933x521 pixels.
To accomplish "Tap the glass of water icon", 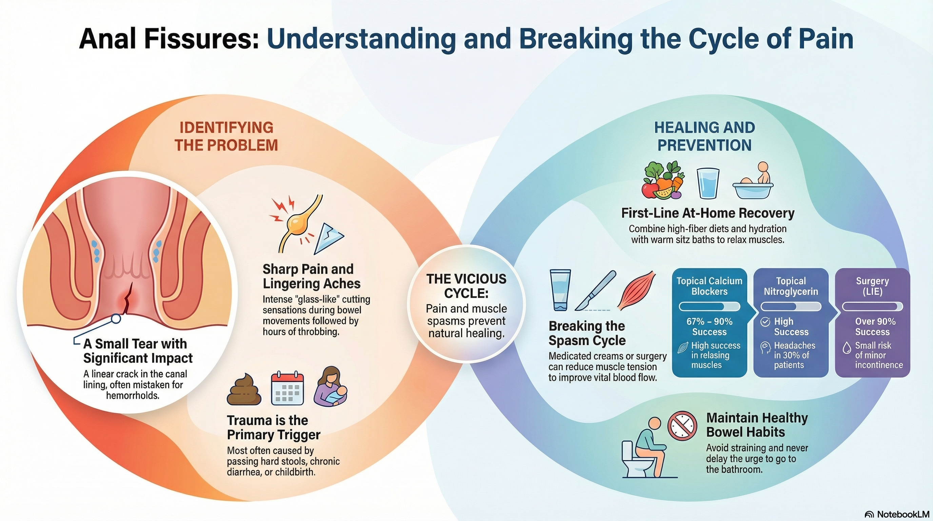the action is click(708, 183).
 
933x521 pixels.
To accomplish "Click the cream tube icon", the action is click(560, 290).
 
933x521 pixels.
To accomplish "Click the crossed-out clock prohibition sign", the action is click(682, 426).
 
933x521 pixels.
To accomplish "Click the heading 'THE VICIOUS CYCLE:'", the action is click(466, 286).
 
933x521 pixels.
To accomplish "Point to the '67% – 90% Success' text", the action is click(710, 326).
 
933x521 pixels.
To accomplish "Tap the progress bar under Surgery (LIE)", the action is click(873, 307).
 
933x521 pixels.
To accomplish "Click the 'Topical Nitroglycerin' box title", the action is click(791, 286).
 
